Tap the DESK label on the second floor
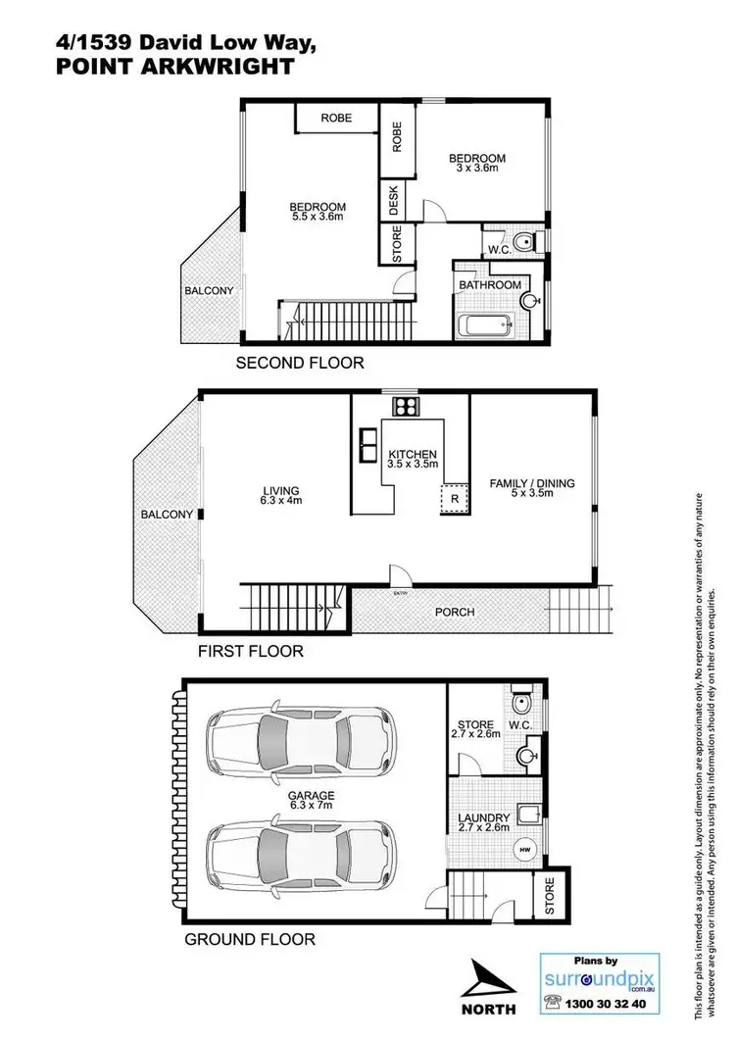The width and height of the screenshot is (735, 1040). pyautogui.click(x=394, y=200)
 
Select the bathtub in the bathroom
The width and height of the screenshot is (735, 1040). pyautogui.click(x=484, y=324)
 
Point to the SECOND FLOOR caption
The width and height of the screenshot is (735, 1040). pyautogui.click(x=300, y=363)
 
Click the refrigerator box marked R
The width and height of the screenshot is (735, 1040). pyautogui.click(x=454, y=497)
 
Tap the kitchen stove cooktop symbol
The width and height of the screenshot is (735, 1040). pyautogui.click(x=405, y=407)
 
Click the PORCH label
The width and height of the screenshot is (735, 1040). pyautogui.click(x=454, y=612)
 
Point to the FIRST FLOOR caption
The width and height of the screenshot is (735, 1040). pyautogui.click(x=251, y=651)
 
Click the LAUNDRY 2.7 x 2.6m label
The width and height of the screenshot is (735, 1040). pyautogui.click(x=484, y=822)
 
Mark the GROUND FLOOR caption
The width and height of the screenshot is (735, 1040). pyautogui.click(x=250, y=939)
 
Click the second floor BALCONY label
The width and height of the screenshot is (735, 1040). pyautogui.click(x=210, y=291)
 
